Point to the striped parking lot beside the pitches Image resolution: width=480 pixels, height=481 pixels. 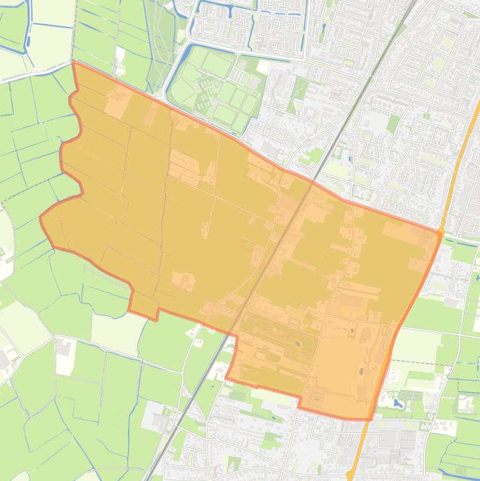coord(238,76)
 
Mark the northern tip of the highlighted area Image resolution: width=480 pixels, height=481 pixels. coord(74,62)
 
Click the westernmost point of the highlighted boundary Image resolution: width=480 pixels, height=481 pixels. coord(41,217)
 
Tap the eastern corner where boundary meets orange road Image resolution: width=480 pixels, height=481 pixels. coord(440,232)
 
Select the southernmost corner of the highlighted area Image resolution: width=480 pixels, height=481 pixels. coord(368,419)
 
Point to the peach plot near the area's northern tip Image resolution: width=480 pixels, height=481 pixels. coord(116,103)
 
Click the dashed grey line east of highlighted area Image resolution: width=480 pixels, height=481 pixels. coord(424,362)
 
